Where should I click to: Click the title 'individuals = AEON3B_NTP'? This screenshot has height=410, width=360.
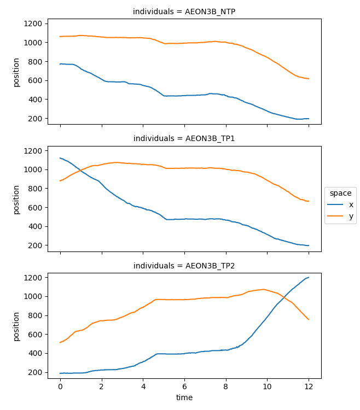point(184,11)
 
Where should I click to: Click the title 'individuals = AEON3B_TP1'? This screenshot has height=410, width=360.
point(184,138)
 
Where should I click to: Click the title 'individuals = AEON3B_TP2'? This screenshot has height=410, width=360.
point(184,266)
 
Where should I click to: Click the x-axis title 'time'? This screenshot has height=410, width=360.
point(184,397)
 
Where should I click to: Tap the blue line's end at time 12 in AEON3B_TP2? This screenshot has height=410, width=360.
point(309,277)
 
